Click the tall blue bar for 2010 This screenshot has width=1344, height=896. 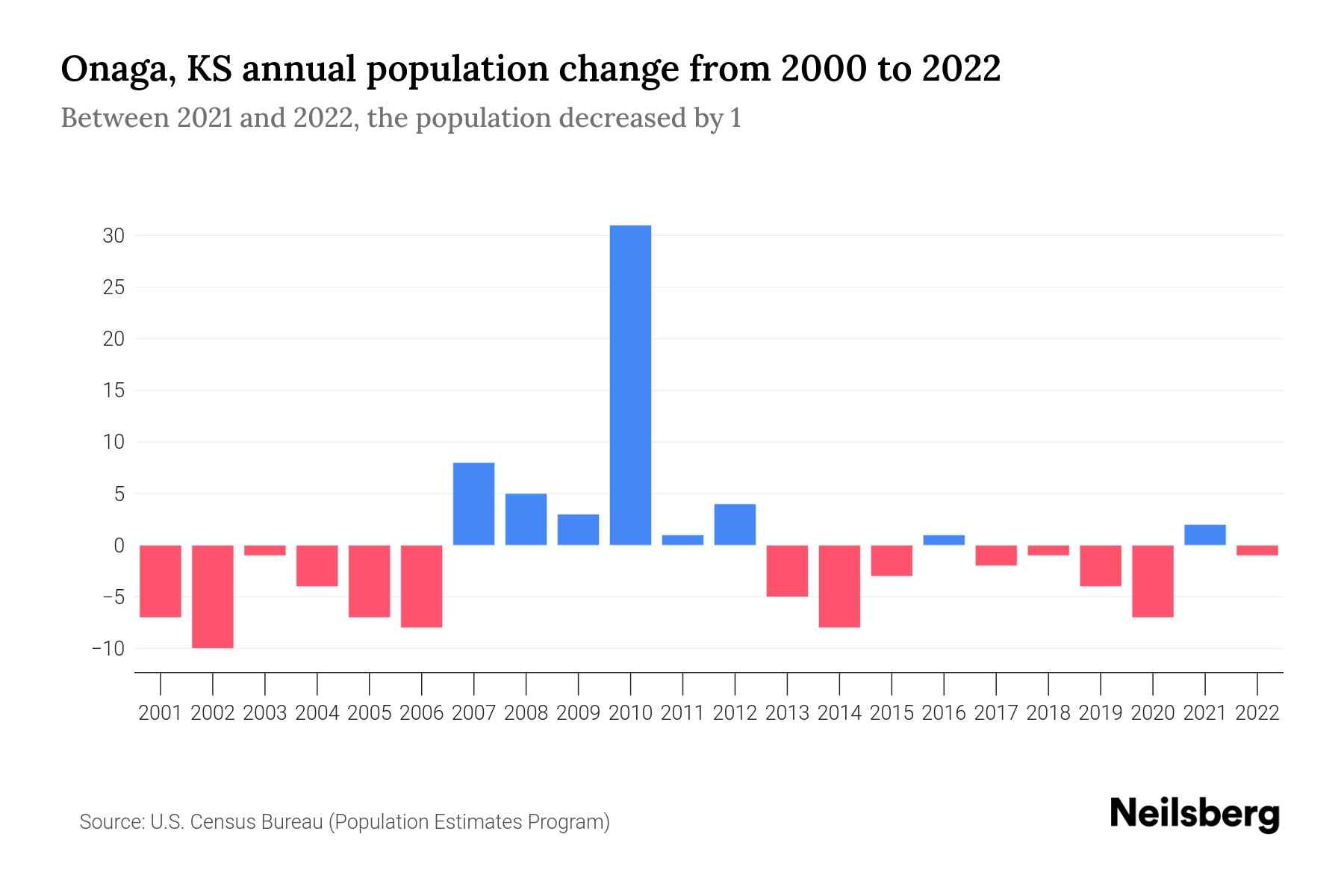click(630, 385)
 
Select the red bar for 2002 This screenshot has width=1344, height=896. click(213, 596)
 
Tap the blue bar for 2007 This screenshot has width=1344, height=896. click(473, 504)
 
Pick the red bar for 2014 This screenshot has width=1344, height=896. click(839, 586)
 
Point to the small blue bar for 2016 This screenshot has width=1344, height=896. click(944, 540)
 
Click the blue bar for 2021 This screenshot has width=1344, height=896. click(1204, 535)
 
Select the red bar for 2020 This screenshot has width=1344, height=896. click(1152, 581)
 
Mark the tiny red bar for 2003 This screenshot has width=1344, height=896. click(265, 550)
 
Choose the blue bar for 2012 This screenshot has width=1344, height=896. click(735, 524)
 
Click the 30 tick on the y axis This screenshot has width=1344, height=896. click(113, 236)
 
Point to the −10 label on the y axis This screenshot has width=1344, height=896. click(108, 648)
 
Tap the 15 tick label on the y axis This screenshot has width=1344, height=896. click(113, 391)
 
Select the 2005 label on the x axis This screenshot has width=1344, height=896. click(370, 713)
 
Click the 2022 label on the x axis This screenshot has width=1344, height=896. click(1257, 713)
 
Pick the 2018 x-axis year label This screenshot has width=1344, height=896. click(1048, 713)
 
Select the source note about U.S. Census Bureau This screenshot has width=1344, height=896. click(344, 822)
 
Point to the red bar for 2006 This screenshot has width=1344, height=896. click(422, 586)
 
